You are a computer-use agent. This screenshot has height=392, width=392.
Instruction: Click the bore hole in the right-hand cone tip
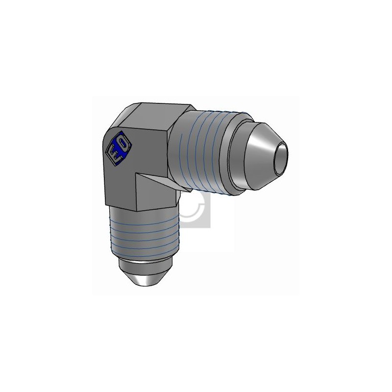(280, 159)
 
